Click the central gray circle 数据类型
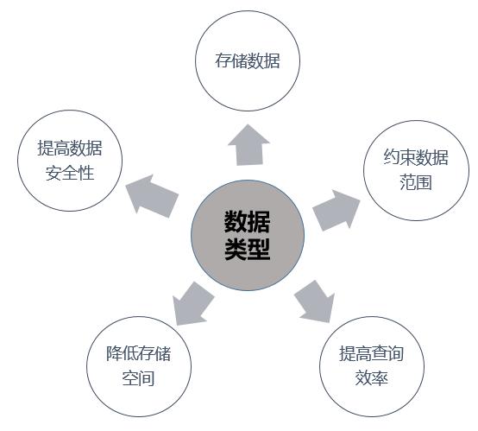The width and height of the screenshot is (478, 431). (248, 235)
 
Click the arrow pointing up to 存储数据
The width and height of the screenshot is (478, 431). (248, 145)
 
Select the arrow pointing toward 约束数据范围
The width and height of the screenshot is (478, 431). (336, 210)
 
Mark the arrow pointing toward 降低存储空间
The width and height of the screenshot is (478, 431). (192, 303)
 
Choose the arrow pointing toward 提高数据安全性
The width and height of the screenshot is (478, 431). (152, 196)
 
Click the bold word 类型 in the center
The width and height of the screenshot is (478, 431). (248, 250)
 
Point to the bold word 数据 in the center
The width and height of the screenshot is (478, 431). (248, 222)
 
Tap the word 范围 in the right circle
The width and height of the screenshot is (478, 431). (416, 182)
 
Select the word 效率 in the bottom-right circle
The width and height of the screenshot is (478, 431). (372, 378)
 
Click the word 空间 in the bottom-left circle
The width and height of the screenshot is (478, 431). (138, 378)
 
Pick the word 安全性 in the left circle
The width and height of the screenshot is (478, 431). (70, 173)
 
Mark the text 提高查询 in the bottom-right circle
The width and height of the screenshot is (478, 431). (372, 353)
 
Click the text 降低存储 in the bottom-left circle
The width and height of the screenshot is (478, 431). (138, 353)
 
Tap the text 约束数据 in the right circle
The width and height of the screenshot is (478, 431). (416, 157)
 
